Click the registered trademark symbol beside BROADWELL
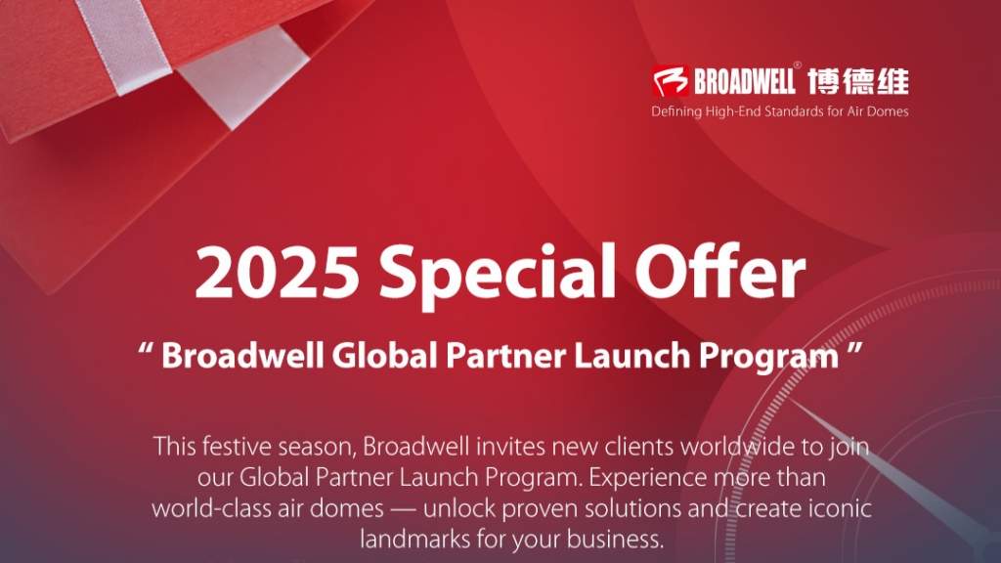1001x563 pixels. click(798, 67)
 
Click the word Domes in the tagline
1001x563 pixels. click(888, 111)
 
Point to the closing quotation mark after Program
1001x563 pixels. click(857, 349)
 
